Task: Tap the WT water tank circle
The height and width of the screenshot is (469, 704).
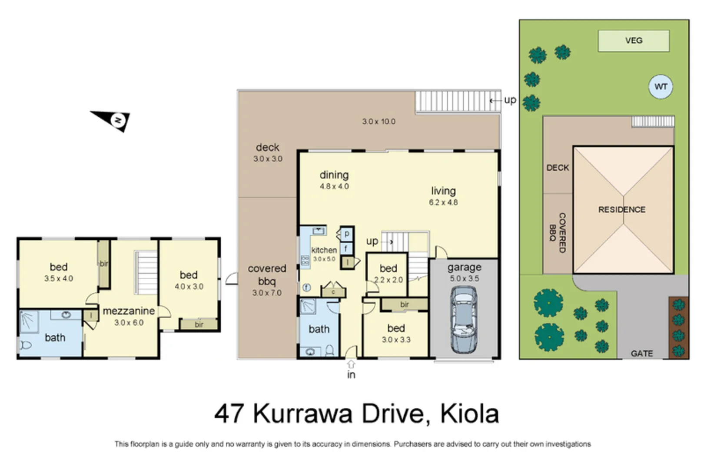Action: (661, 87)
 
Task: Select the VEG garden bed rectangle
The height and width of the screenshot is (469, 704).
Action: (633, 41)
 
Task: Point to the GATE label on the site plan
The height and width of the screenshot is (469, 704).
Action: (641, 353)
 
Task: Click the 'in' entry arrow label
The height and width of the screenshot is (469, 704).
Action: (351, 374)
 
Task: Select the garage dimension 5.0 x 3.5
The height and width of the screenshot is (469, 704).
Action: (464, 279)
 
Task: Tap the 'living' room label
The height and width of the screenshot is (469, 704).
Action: (443, 191)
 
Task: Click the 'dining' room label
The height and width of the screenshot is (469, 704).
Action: (334, 175)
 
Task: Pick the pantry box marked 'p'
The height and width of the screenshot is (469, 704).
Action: (347, 234)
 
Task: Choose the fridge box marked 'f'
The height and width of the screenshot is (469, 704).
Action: (346, 248)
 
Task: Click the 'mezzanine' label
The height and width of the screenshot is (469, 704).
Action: (129, 311)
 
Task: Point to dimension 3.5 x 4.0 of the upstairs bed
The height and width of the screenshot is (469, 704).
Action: (59, 279)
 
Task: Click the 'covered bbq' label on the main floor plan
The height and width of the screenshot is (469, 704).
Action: (267, 274)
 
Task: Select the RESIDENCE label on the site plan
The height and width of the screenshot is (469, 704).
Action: (621, 210)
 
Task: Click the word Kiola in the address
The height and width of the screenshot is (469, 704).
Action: (469, 414)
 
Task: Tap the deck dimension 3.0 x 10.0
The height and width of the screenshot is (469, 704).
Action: (379, 122)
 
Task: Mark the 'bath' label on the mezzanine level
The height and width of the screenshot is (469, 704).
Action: (55, 337)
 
